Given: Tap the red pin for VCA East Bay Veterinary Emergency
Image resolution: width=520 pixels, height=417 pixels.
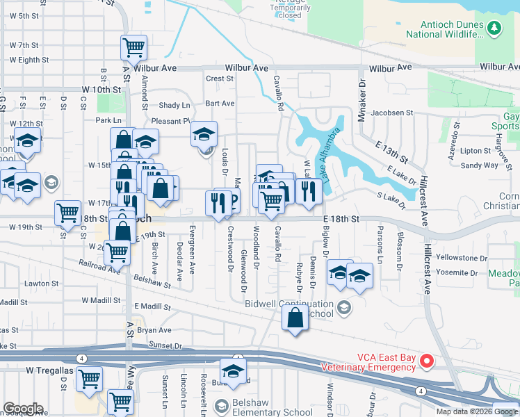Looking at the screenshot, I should [428, 361].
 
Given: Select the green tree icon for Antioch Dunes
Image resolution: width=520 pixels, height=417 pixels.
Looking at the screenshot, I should [494, 28].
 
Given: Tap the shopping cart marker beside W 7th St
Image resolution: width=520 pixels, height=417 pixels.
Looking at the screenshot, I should [133, 47].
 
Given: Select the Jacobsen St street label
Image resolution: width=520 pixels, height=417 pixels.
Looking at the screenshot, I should [391, 112].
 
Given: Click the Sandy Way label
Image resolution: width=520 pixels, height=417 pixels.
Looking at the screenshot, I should [480, 165].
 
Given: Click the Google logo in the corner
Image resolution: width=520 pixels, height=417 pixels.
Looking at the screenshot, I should [22, 409].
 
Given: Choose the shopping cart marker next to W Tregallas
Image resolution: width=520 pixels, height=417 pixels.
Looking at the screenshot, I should [89, 379].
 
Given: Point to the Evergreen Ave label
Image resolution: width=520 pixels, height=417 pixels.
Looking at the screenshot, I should [192, 249].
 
